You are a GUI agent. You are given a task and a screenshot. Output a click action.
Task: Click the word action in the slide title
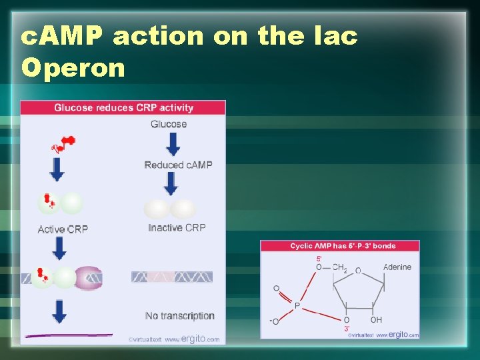(x=157, y=36)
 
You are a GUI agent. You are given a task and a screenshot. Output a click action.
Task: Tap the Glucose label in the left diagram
(x=169, y=124)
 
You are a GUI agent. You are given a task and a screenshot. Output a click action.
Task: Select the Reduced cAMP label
(x=178, y=165)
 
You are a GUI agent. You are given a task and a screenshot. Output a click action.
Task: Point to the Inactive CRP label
(x=177, y=227)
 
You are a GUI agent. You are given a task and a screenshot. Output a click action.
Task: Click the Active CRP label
(x=63, y=229)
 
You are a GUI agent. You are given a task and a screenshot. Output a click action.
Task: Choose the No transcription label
(x=180, y=315)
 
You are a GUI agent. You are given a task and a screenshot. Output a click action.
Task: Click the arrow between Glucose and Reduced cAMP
(x=173, y=144)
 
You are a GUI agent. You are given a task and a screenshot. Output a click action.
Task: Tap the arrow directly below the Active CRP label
(x=59, y=248)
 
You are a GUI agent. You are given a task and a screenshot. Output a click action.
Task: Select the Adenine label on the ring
(x=397, y=267)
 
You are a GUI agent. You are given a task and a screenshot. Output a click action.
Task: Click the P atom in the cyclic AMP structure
(x=297, y=306)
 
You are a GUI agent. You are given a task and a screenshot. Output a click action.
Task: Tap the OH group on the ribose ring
(x=377, y=320)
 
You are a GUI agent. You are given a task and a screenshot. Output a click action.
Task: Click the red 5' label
(x=319, y=259)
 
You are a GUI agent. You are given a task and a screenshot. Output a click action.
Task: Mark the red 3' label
(x=347, y=329)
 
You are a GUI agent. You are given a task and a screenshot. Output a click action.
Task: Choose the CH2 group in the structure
(x=340, y=268)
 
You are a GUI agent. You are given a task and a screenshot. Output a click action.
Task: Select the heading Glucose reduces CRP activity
(x=123, y=107)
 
